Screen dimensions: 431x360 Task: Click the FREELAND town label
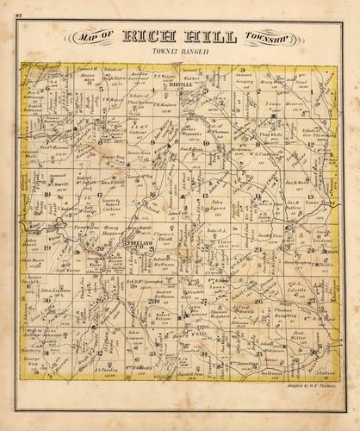140,244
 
